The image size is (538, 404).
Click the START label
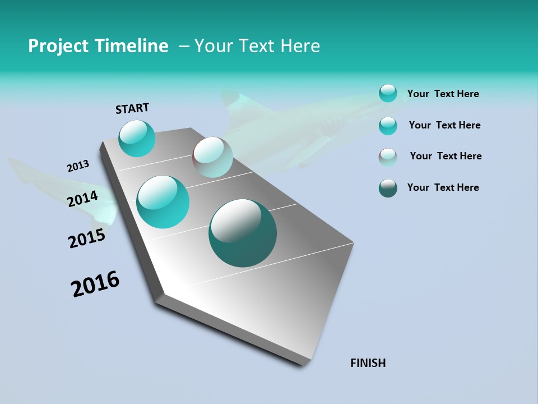(132, 108)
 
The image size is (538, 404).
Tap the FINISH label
(368, 363)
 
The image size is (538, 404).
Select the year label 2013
(78, 166)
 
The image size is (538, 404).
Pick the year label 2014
(83, 199)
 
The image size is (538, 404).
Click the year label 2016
(95, 284)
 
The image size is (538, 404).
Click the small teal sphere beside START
(137, 139)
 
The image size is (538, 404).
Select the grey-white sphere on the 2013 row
(212, 157)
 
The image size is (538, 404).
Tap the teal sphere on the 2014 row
(163, 202)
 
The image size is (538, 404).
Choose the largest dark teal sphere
(243, 233)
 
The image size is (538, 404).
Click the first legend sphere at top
(388, 93)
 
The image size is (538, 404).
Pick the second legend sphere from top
(388, 126)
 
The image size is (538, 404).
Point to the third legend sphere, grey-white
(388, 157)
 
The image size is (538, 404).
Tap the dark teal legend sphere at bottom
(388, 188)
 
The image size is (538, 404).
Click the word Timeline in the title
(132, 46)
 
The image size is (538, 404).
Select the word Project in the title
(58, 46)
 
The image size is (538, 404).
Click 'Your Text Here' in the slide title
(257, 46)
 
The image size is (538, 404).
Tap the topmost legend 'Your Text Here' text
(443, 94)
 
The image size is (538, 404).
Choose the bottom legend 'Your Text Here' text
(443, 187)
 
